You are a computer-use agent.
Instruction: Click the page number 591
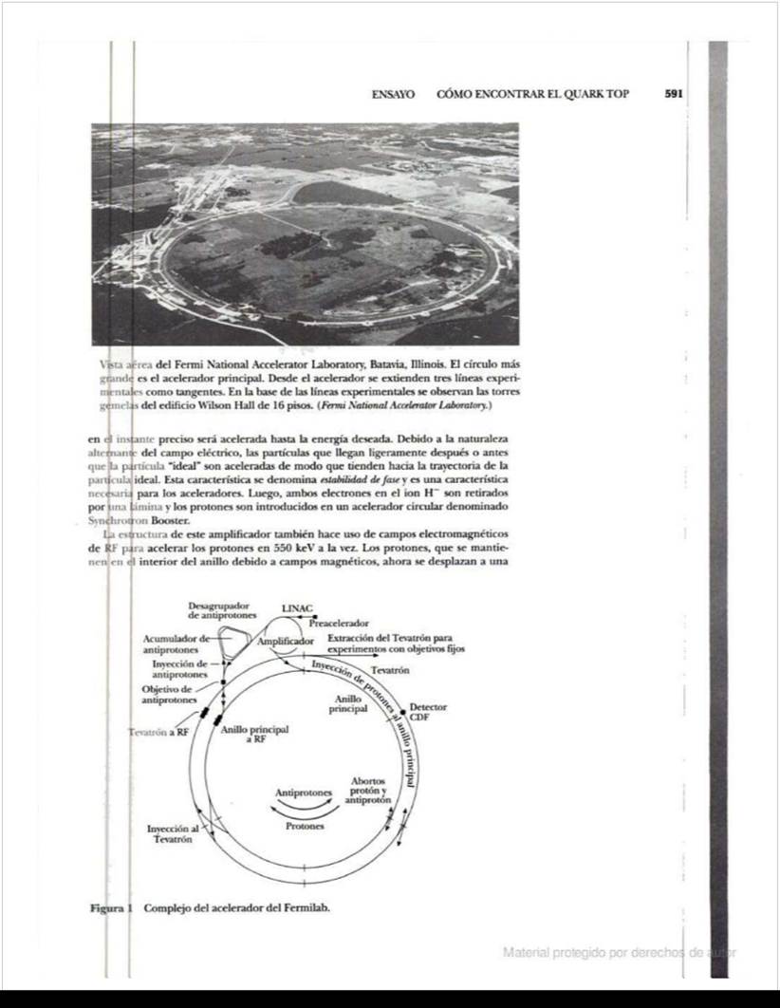tap(674, 95)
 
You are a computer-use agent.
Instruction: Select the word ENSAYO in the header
tap(393, 95)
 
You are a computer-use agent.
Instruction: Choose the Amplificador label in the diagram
tap(286, 642)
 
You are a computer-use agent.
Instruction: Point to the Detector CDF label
tap(428, 713)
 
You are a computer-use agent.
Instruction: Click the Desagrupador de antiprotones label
tap(218, 609)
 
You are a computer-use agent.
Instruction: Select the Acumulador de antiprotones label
tap(173, 644)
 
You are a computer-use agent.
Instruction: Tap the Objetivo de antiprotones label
tap(167, 694)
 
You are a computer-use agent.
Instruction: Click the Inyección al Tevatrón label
tap(173, 834)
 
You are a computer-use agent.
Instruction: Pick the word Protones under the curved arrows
tap(305, 826)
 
